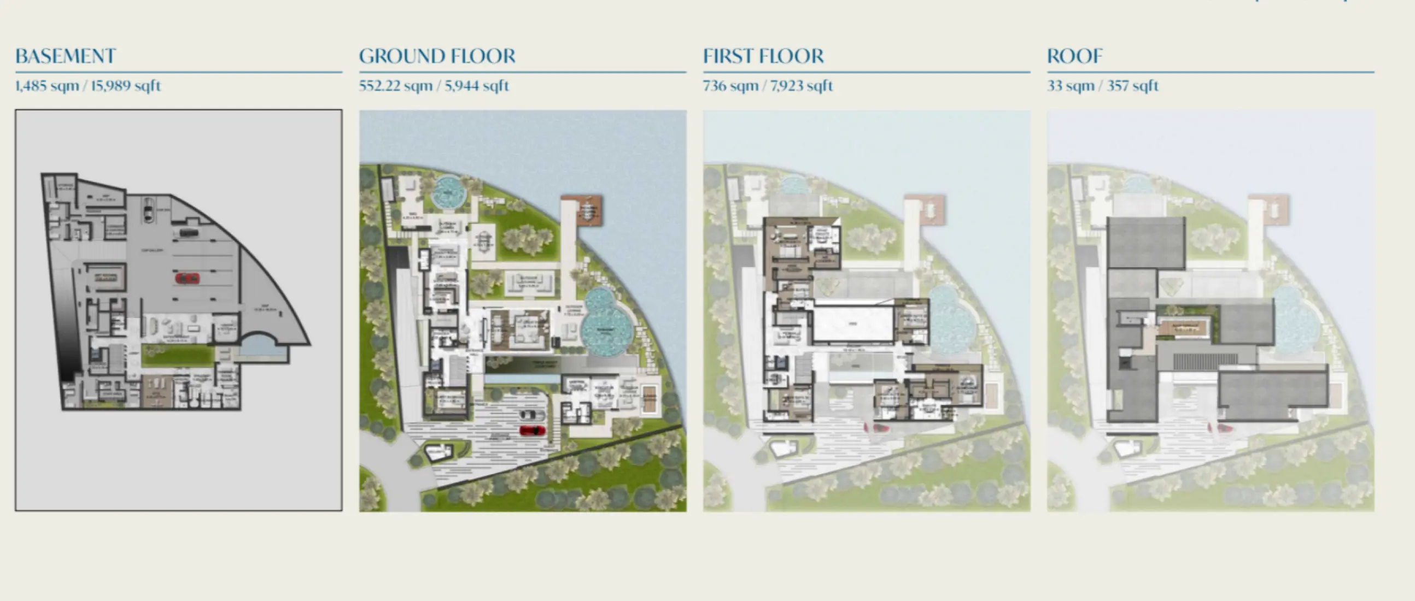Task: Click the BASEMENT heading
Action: point(66,56)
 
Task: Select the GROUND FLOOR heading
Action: point(437,56)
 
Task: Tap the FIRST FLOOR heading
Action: point(763,56)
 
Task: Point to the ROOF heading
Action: point(1074,56)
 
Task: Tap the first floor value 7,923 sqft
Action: point(802,86)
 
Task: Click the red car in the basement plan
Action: point(187,278)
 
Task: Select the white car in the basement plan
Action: point(148,210)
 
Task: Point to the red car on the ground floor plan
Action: point(533,431)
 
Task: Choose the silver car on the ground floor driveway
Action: point(531,415)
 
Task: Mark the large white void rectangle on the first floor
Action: point(852,324)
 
